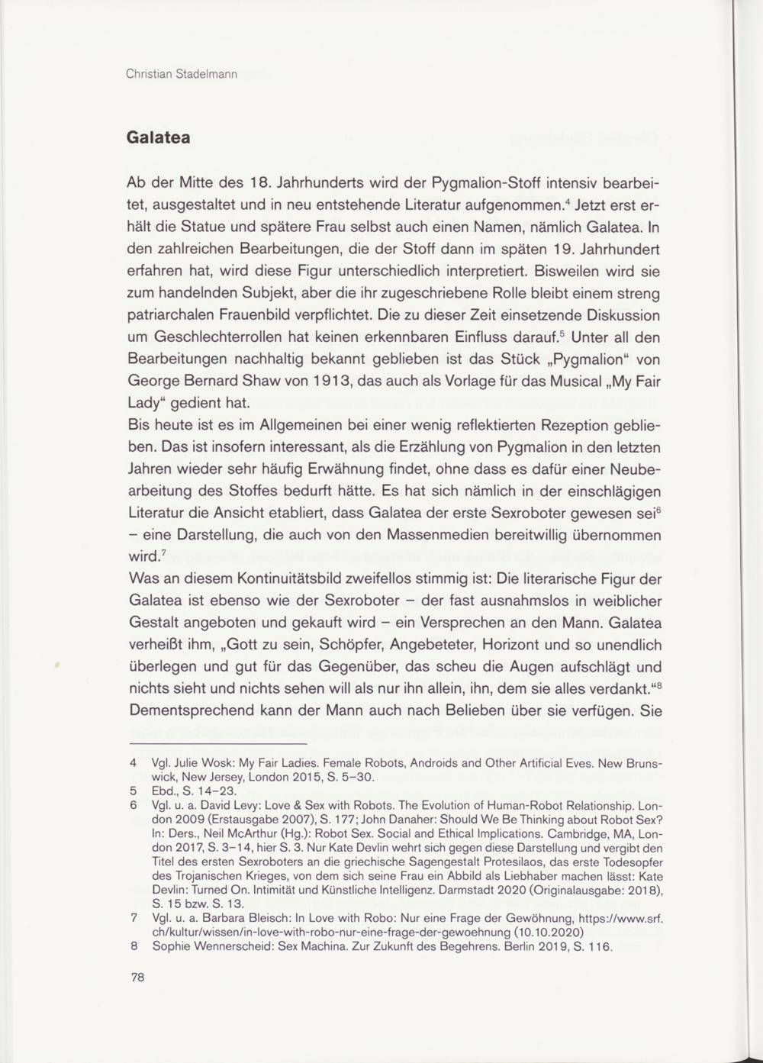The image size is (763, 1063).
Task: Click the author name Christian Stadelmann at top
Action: click(x=182, y=75)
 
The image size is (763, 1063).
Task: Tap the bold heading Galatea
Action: click(x=158, y=138)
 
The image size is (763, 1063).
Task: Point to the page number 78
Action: click(x=137, y=978)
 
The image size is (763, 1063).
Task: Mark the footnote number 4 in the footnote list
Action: click(x=134, y=762)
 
